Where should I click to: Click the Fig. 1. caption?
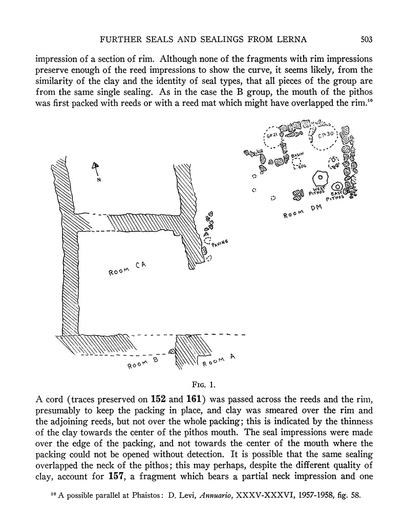pos(201,383)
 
